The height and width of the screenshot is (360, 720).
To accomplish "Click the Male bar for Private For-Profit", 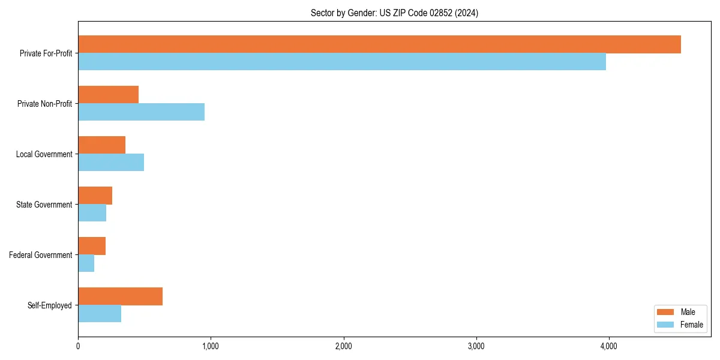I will tap(379, 44).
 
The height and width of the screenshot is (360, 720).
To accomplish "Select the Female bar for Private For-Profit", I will tap(342, 62).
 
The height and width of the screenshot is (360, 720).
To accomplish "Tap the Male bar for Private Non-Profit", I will tap(108, 95).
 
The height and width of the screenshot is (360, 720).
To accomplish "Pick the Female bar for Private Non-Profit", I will tap(141, 112).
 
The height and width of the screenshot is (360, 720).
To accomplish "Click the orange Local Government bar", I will tap(101, 145).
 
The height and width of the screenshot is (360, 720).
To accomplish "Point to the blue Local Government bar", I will tap(111, 163).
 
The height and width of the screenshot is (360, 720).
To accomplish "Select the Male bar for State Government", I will tap(95, 196).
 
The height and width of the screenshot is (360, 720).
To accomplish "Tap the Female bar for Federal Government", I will tap(86, 263).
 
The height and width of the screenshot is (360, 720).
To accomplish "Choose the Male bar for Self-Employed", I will tap(120, 296).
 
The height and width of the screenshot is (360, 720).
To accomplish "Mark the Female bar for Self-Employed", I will tap(100, 314).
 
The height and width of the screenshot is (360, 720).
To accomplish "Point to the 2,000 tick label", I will tap(343, 346).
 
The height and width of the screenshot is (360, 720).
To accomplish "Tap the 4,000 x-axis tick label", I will tap(608, 346).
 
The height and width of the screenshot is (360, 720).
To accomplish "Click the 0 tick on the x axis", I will tap(78, 346).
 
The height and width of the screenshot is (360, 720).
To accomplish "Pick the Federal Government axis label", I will tap(41, 255).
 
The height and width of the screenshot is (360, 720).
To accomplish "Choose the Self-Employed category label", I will tap(50, 305).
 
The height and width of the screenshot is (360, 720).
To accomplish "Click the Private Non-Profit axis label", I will tap(45, 104).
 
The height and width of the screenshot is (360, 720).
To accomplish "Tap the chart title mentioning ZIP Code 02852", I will tap(394, 13).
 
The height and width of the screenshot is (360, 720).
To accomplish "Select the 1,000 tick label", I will tap(211, 346).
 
